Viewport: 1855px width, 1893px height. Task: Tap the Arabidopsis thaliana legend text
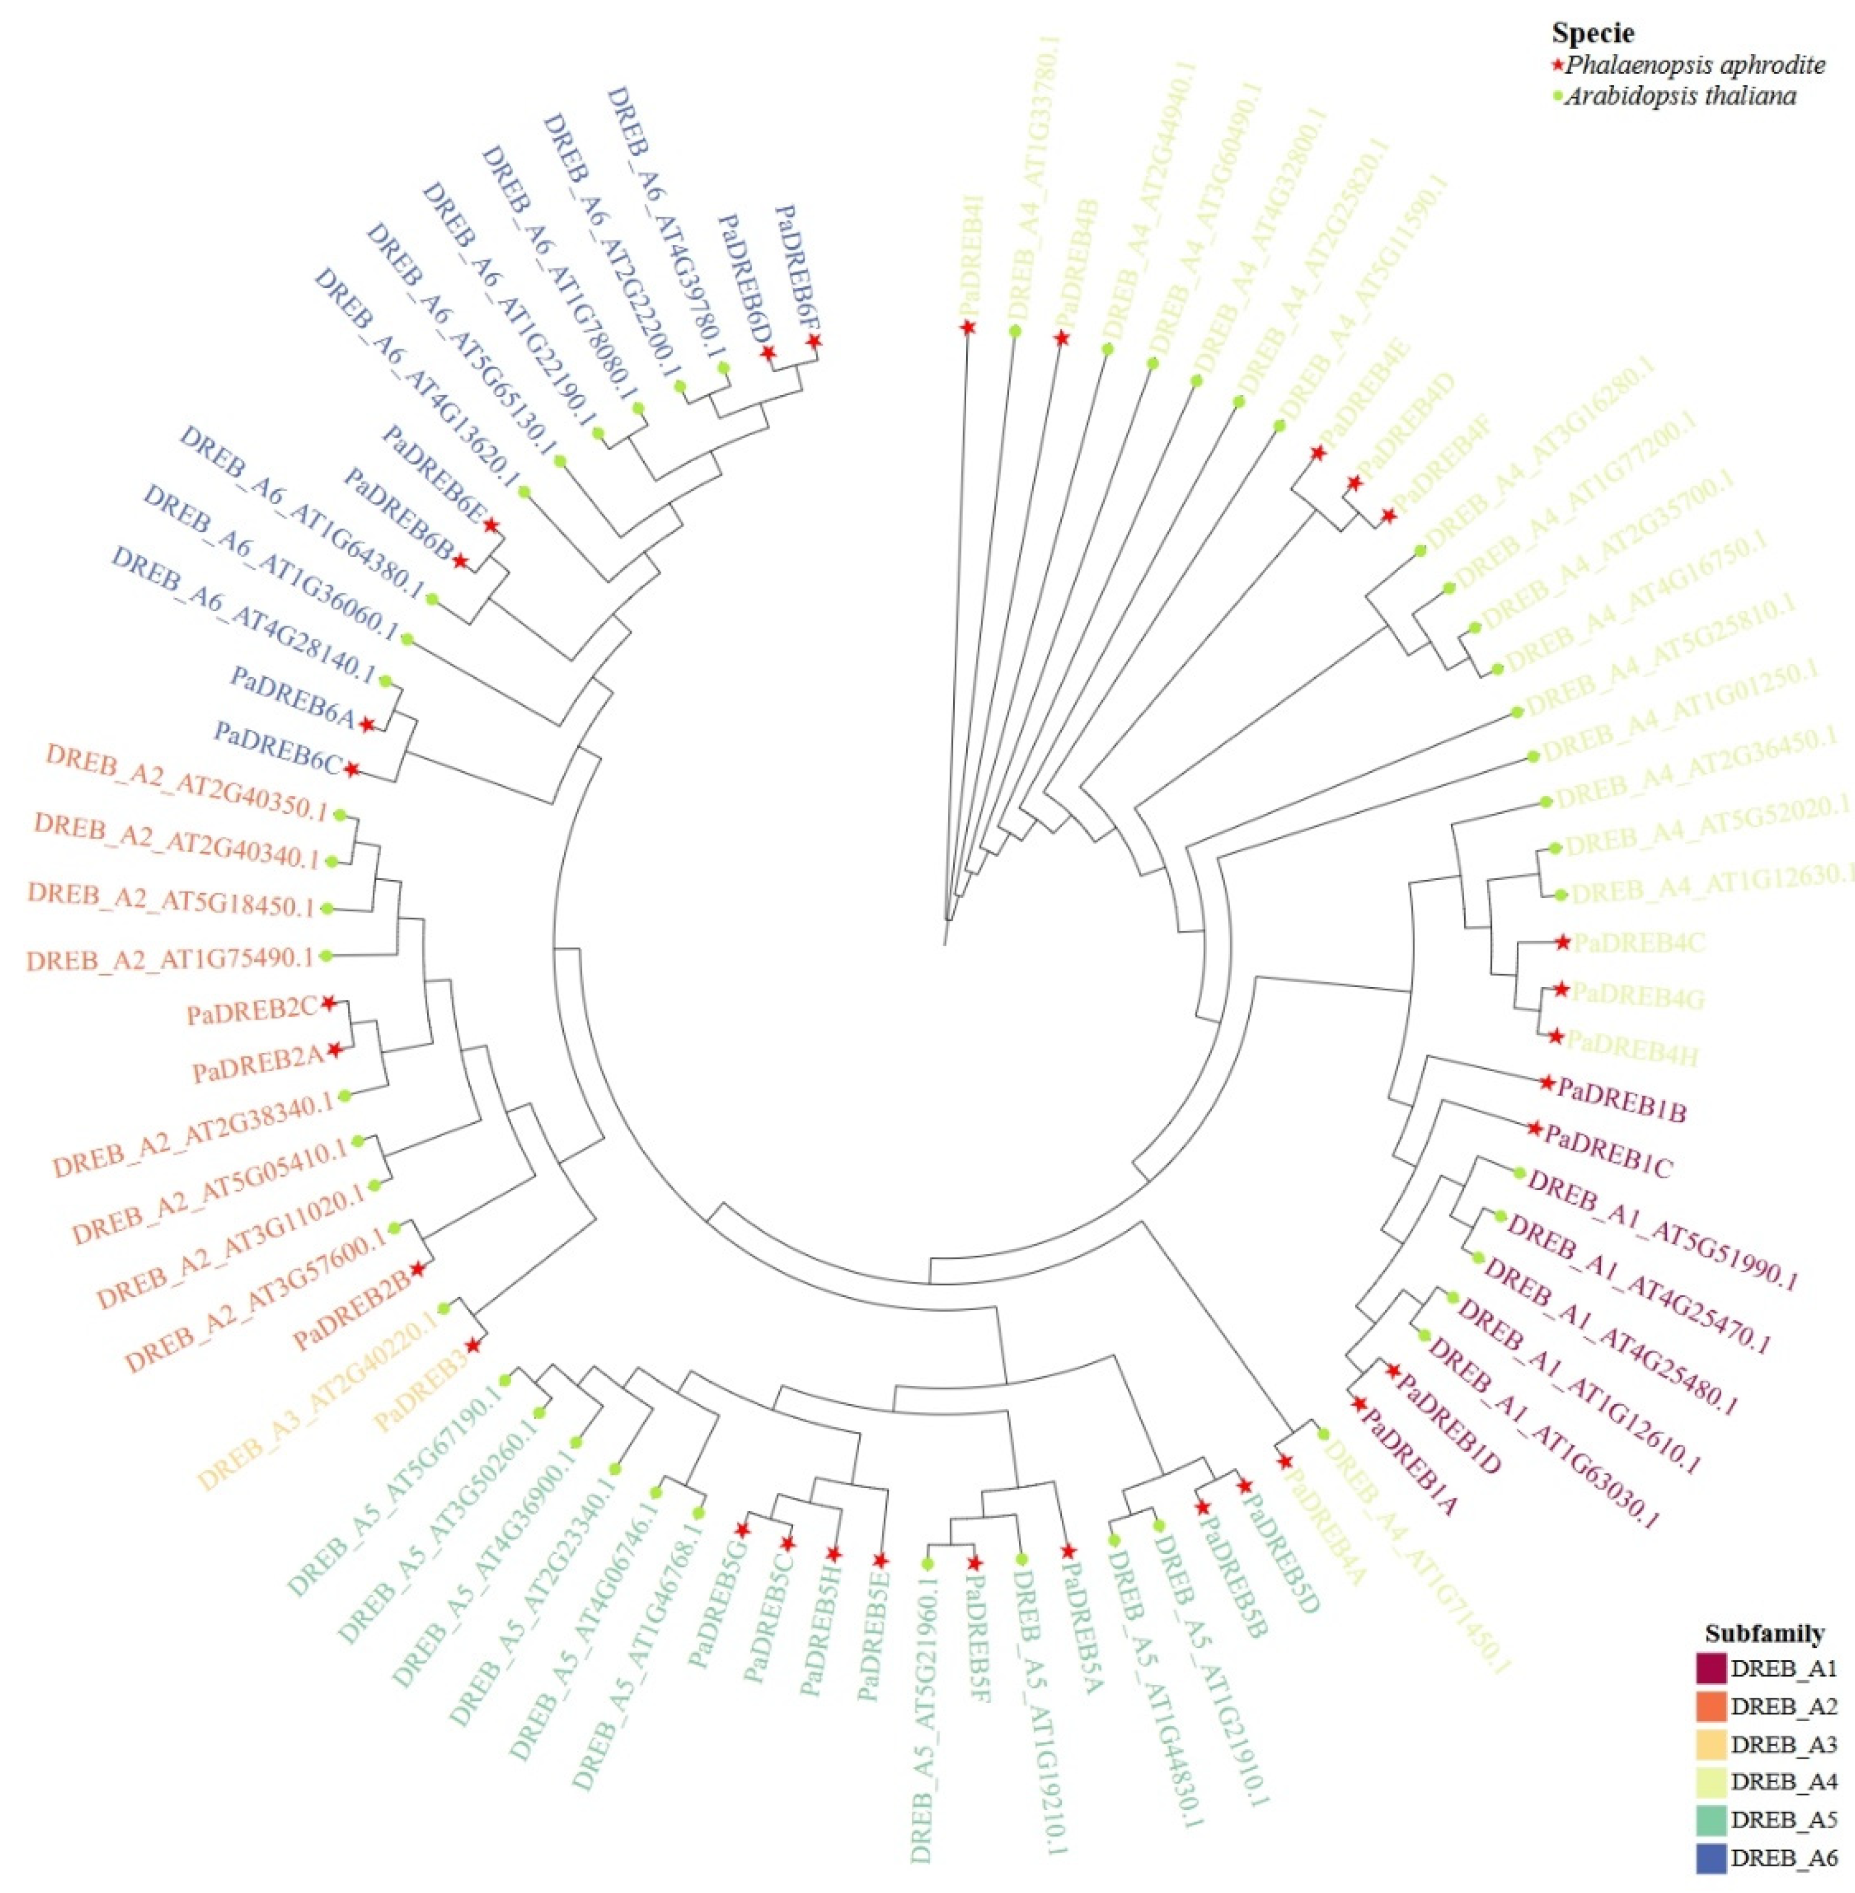[x=1681, y=96]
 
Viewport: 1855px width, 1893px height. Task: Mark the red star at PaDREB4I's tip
[x=967, y=327]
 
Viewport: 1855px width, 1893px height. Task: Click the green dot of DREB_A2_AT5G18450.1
[x=327, y=908]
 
